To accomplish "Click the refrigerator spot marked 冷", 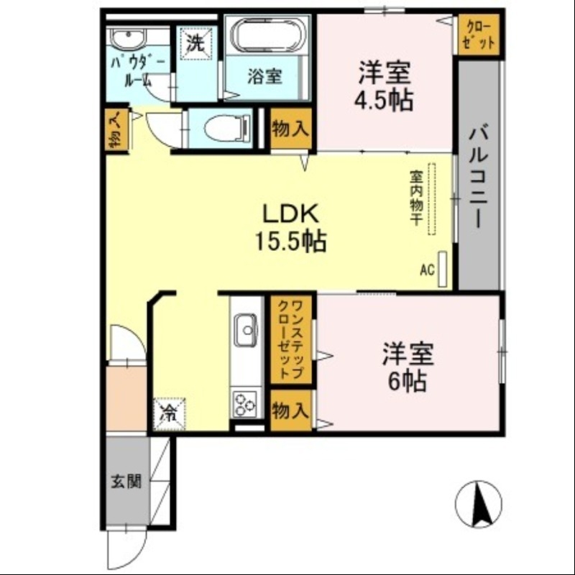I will (x=167, y=413).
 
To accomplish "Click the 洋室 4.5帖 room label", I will (x=385, y=86).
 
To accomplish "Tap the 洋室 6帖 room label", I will (x=407, y=367).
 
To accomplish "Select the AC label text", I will (x=427, y=270).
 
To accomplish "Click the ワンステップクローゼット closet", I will (x=293, y=339).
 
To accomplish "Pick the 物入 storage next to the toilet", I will (x=291, y=129).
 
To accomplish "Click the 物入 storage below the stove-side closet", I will (x=291, y=411).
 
